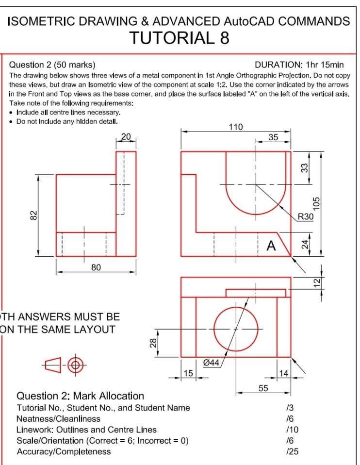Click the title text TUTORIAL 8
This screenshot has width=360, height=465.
pos(179,37)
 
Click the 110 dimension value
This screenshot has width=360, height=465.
pos(236,127)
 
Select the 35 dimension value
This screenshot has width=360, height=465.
pos(273,137)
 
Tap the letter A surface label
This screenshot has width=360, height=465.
pos(271,247)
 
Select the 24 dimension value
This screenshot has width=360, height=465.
pos(304,244)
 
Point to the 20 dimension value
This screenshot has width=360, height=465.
pos(126,137)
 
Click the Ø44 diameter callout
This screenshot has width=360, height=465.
pos(211,363)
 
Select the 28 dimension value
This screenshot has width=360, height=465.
pos(153,343)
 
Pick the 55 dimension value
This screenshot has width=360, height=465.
pos(263,388)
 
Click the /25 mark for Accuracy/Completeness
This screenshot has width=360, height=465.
pos(292,452)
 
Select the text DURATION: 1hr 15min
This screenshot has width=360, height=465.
pos(299,65)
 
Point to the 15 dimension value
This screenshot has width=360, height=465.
pos(188,373)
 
